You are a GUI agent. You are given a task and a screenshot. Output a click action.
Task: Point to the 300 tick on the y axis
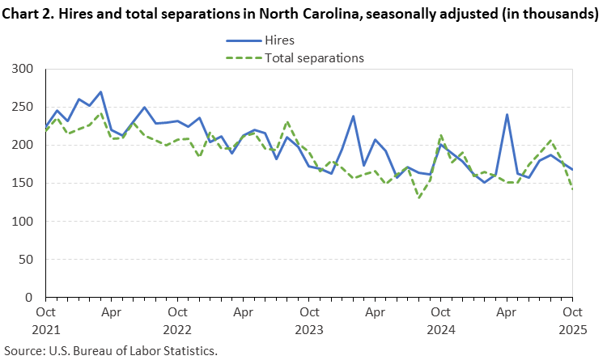[x=25, y=70]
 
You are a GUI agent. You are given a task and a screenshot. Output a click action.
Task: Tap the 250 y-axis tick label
[x=25, y=108]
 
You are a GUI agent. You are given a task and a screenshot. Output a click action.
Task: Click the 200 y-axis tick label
[x=25, y=146]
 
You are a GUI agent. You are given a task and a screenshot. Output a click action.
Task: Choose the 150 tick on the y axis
[x=25, y=184]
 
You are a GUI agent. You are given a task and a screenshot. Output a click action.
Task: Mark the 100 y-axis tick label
[x=25, y=222]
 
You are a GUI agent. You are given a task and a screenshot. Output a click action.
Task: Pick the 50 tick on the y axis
[x=28, y=260]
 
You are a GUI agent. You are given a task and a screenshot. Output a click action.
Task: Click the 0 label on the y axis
[x=32, y=298]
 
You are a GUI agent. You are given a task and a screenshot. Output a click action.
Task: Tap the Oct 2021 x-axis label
[x=46, y=320]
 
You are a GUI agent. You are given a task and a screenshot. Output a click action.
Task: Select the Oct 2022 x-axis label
[x=177, y=320]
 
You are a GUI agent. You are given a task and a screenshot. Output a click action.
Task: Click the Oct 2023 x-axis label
[x=309, y=320]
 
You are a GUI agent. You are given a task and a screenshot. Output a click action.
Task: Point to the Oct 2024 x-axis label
[x=440, y=320]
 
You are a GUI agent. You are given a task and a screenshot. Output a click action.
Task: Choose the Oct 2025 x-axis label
[x=571, y=320]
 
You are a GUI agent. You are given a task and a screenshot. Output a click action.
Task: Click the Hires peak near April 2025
[x=507, y=115]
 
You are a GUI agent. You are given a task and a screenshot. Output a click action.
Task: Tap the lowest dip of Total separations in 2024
[x=419, y=197]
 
